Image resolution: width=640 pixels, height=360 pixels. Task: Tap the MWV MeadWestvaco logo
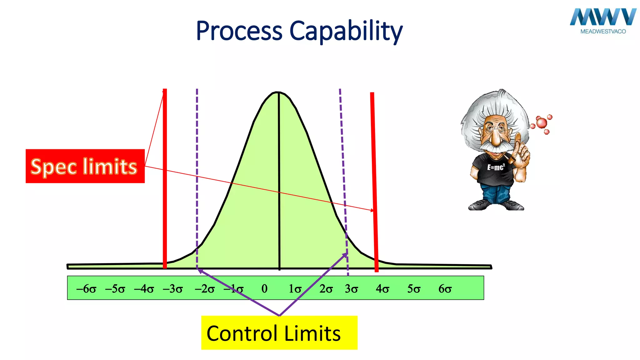[x=603, y=21]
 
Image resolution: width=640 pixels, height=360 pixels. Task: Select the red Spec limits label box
[x=85, y=166]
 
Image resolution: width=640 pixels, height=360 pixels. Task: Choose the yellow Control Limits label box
[x=279, y=333]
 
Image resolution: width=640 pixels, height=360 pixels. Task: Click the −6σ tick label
[x=86, y=289]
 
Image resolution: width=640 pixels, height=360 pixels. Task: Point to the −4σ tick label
[x=144, y=289]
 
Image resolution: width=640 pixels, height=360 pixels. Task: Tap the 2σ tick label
[x=326, y=289]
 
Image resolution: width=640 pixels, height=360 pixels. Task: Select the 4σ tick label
[x=382, y=289]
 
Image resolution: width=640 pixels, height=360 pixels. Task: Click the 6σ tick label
[x=445, y=289]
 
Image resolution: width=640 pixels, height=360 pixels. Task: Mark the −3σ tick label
[x=173, y=289]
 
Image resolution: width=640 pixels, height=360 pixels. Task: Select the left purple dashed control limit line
[x=197, y=175]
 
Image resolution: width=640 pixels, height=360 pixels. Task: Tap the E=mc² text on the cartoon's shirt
[x=496, y=167]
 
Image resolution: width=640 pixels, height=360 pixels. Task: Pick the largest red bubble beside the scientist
[x=542, y=122]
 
